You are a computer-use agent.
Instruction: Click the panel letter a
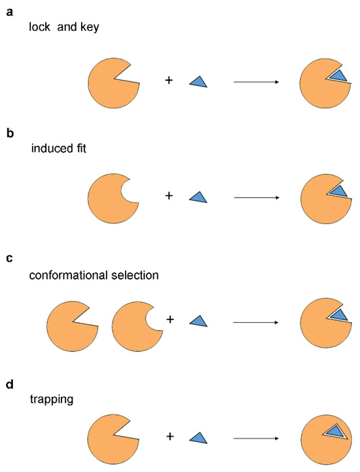(10, 11)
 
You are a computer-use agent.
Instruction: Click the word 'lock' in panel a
(41, 28)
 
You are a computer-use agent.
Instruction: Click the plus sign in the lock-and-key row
(169, 81)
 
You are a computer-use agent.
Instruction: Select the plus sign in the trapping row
(169, 435)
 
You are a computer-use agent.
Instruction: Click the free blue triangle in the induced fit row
(198, 196)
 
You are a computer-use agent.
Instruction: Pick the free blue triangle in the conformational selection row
(198, 320)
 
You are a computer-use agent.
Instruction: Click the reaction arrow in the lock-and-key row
(257, 82)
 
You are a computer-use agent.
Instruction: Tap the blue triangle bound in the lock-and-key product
(338, 77)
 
